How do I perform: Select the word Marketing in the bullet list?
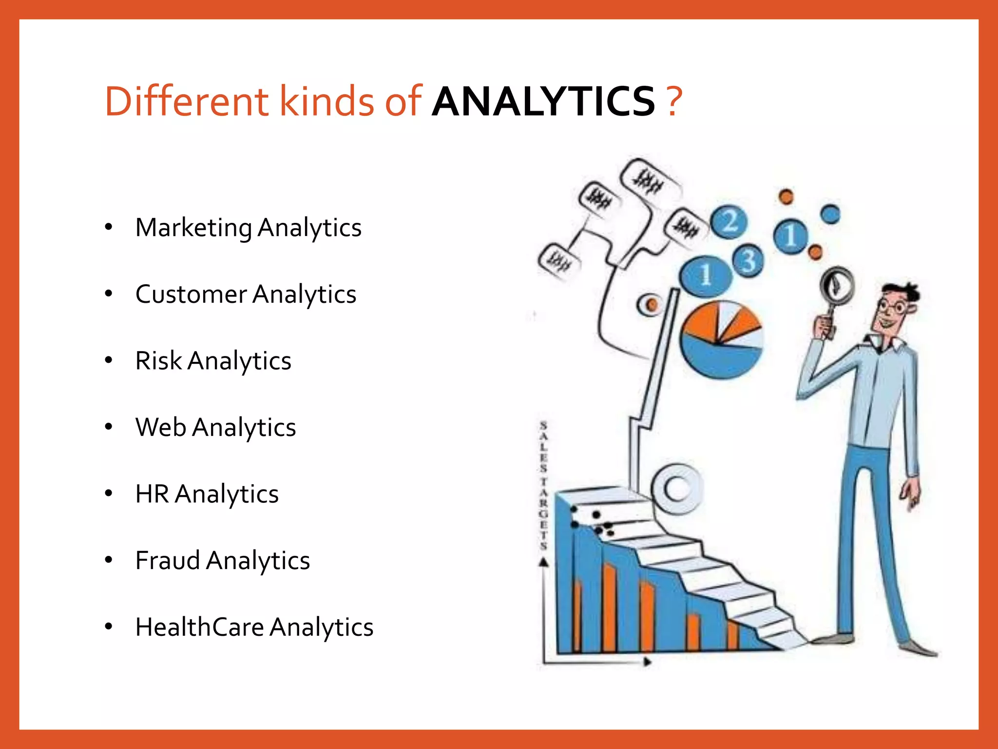[193, 228]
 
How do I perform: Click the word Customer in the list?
[191, 294]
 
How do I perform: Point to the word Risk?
[158, 361]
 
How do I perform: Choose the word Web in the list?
[161, 427]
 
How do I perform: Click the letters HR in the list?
[152, 493]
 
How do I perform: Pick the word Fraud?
[167, 560]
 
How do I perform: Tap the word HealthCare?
[199, 627]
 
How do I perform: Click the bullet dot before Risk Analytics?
[109, 360]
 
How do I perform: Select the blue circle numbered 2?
[729, 222]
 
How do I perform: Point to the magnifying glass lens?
[836, 285]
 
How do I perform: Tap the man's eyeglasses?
[892, 307]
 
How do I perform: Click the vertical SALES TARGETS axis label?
[543, 486]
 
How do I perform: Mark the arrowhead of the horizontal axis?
[647, 662]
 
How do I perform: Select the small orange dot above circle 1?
[786, 197]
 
